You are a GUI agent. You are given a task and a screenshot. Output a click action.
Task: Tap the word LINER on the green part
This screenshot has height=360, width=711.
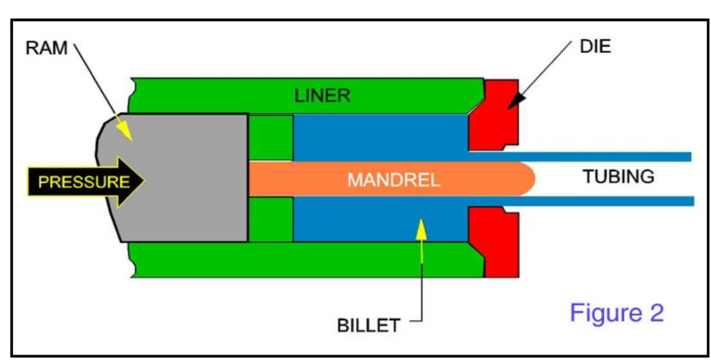(x=322, y=96)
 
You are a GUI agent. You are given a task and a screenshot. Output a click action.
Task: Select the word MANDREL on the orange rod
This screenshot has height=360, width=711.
(x=393, y=179)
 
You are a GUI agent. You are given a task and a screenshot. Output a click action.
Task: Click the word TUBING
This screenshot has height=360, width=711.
(x=618, y=176)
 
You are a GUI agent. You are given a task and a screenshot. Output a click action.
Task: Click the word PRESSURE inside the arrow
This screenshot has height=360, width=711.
(x=84, y=181)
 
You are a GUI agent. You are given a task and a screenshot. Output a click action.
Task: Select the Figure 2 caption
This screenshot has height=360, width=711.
(x=616, y=313)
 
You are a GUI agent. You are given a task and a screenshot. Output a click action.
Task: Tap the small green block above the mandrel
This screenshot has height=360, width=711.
(x=270, y=137)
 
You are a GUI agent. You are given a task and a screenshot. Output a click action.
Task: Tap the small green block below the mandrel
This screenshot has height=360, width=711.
(x=270, y=220)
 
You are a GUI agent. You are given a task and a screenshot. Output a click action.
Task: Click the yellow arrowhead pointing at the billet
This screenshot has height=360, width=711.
(x=421, y=226)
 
